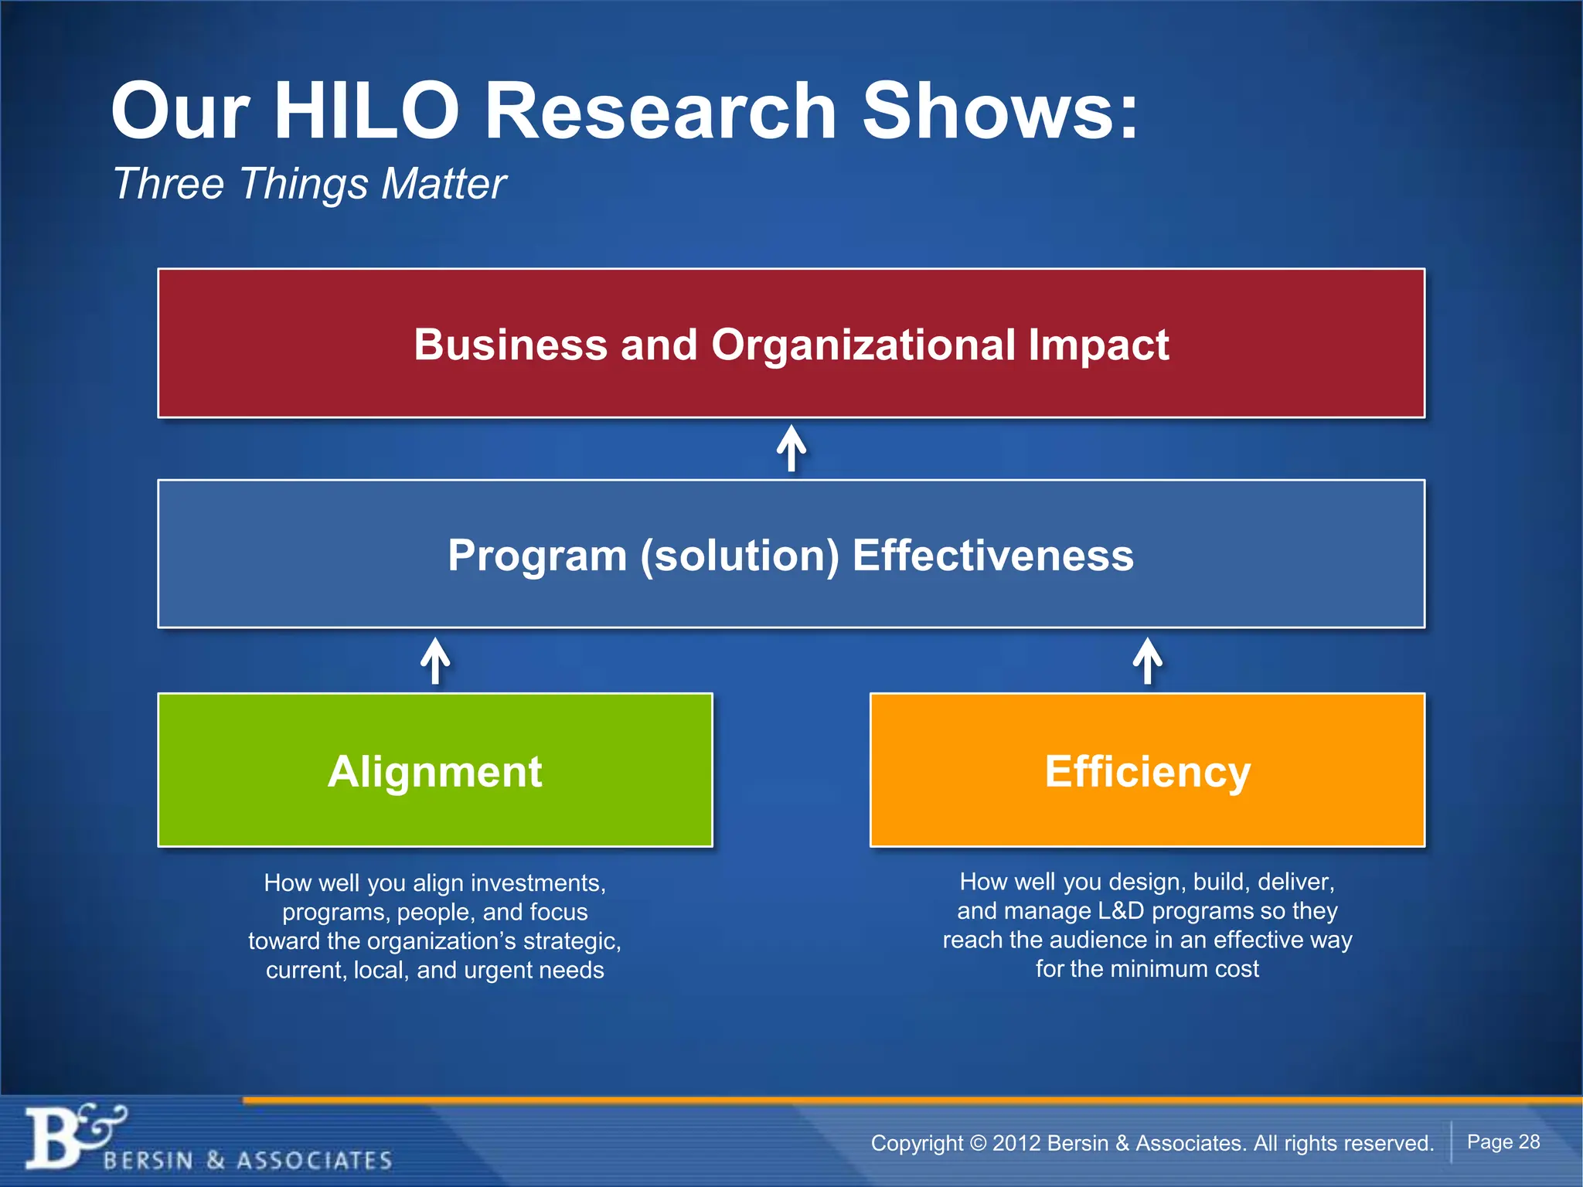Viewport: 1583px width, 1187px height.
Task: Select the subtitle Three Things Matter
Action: [x=309, y=184]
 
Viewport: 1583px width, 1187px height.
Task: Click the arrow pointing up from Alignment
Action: [x=435, y=661]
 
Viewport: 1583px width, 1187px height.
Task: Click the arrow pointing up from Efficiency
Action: [x=1148, y=661]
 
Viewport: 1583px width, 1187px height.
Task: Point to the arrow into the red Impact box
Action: [x=791, y=448]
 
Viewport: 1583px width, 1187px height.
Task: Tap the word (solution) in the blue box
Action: [x=739, y=556]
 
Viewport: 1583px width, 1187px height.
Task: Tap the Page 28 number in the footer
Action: [x=1503, y=1141]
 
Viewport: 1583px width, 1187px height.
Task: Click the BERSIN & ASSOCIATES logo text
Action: [x=247, y=1160]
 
